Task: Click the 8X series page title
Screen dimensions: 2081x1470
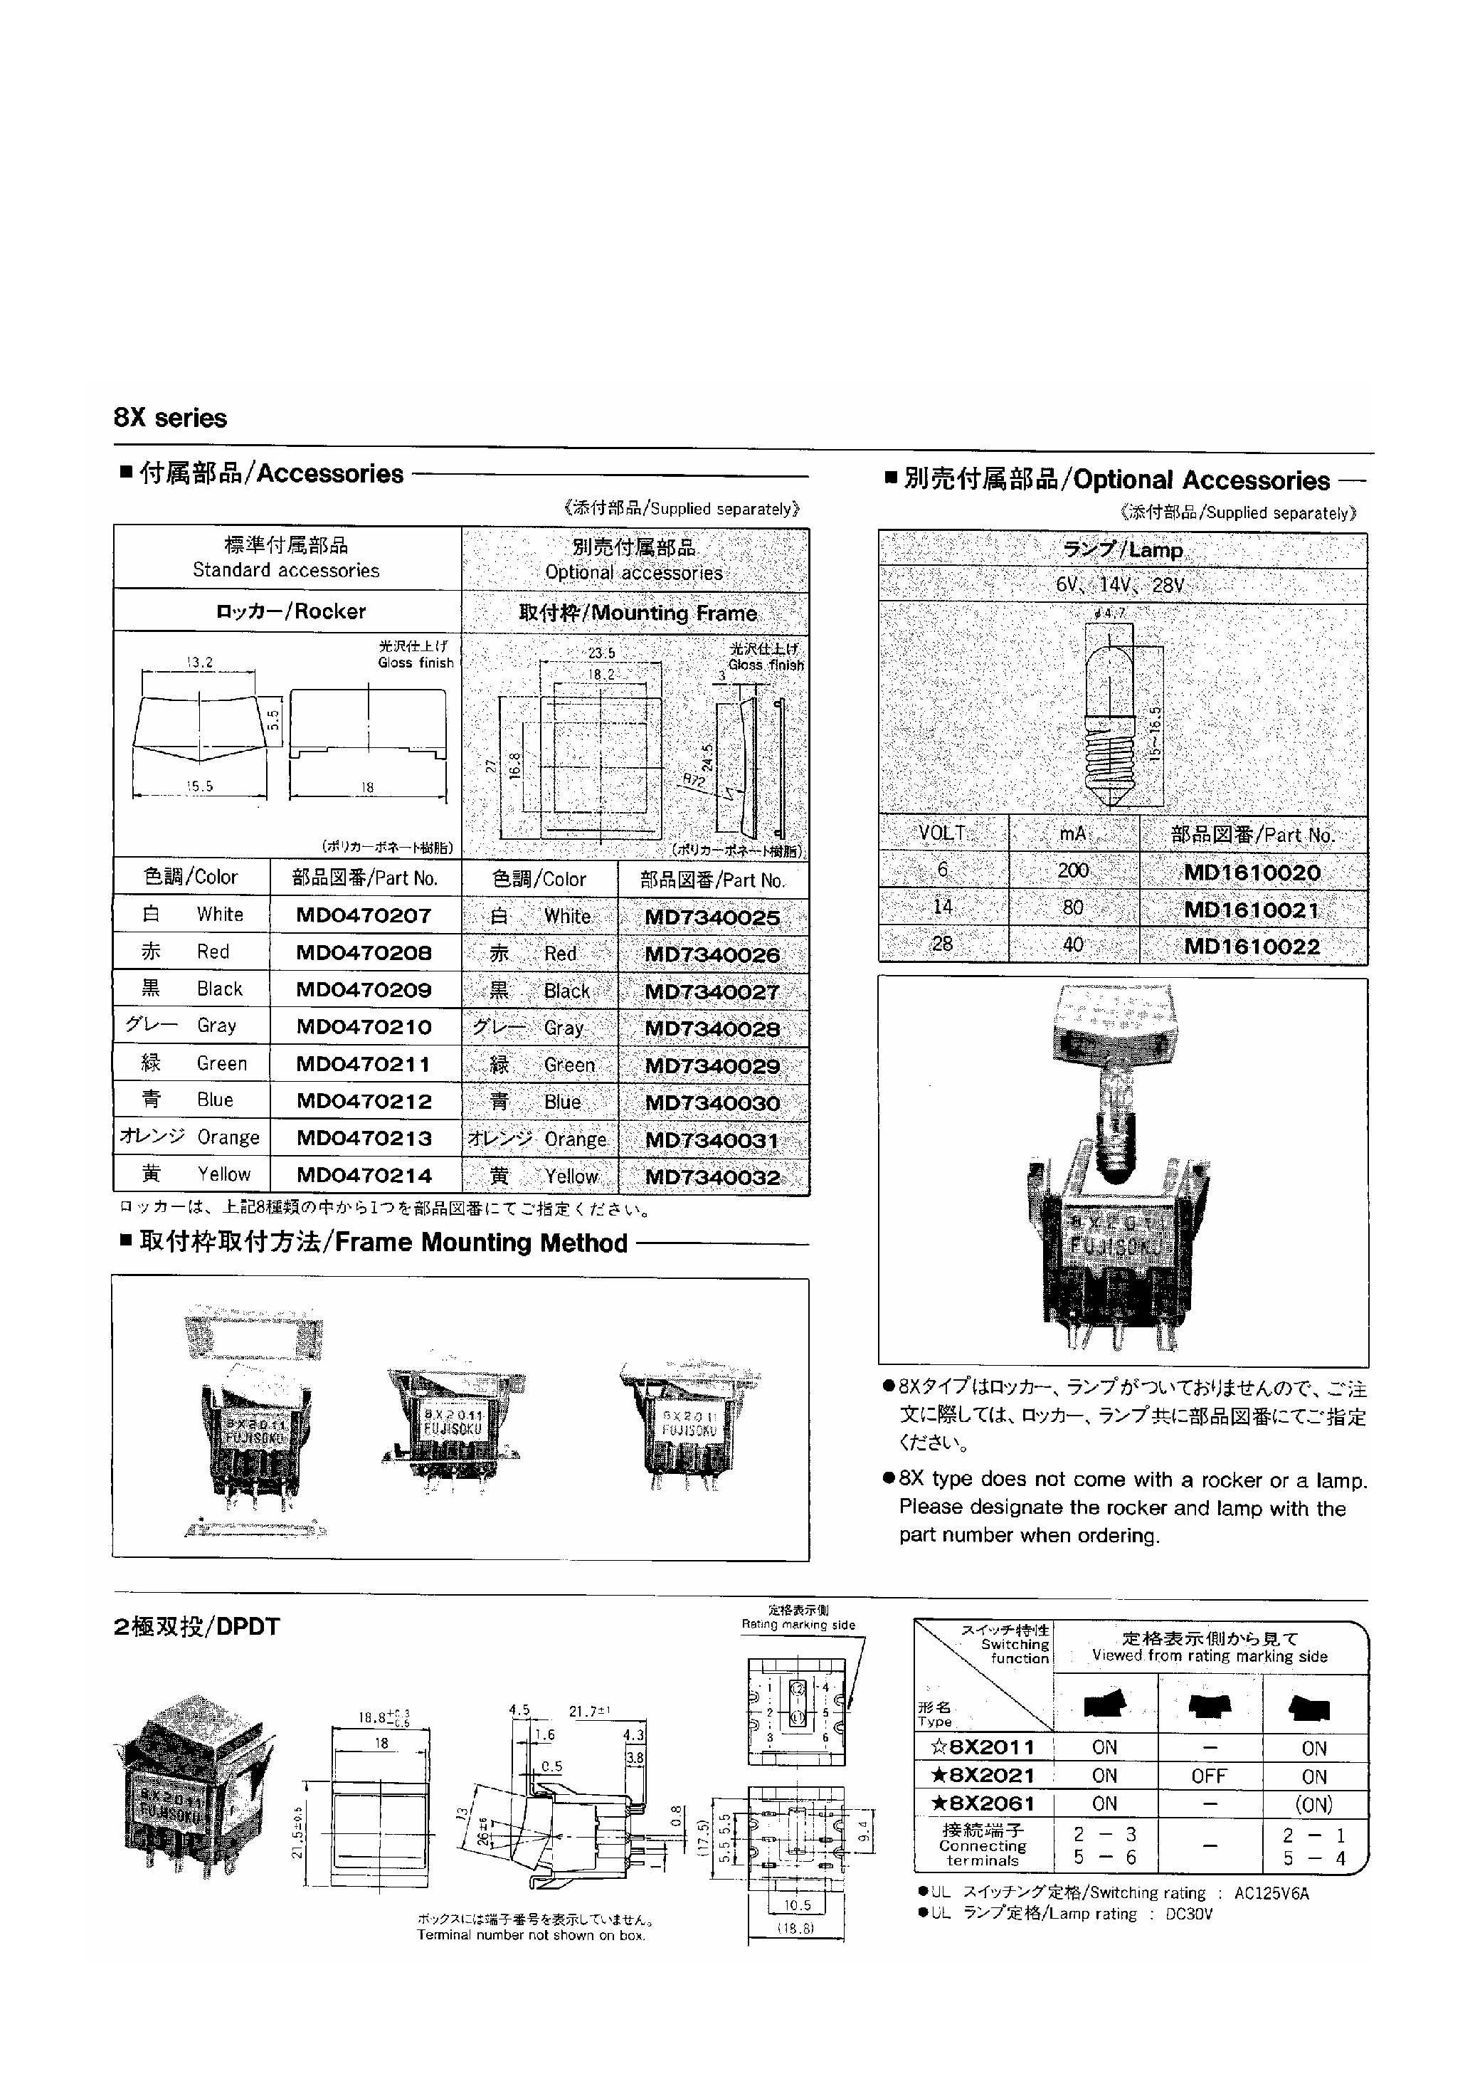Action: [170, 418]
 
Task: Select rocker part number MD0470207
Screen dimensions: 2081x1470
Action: [364, 915]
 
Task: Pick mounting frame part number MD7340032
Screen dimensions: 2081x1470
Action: [712, 1177]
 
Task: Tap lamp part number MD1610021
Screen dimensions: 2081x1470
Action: [1252, 910]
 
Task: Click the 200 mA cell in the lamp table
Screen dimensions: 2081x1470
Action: [1073, 871]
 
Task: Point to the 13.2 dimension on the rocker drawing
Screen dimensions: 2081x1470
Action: [199, 663]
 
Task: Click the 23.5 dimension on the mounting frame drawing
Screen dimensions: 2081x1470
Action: [601, 653]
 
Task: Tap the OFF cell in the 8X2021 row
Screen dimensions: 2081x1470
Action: [1209, 1776]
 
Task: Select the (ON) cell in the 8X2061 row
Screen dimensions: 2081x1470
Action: [1314, 1805]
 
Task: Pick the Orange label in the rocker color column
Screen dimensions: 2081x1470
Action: [228, 1137]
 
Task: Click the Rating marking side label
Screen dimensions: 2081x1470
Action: [798, 1625]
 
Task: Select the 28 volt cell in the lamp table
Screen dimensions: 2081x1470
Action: [943, 944]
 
